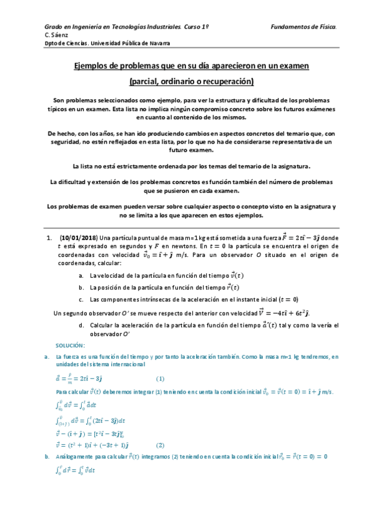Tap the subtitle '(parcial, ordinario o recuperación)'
point(187,82)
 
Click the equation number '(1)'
point(160,378)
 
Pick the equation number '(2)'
point(160,445)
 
